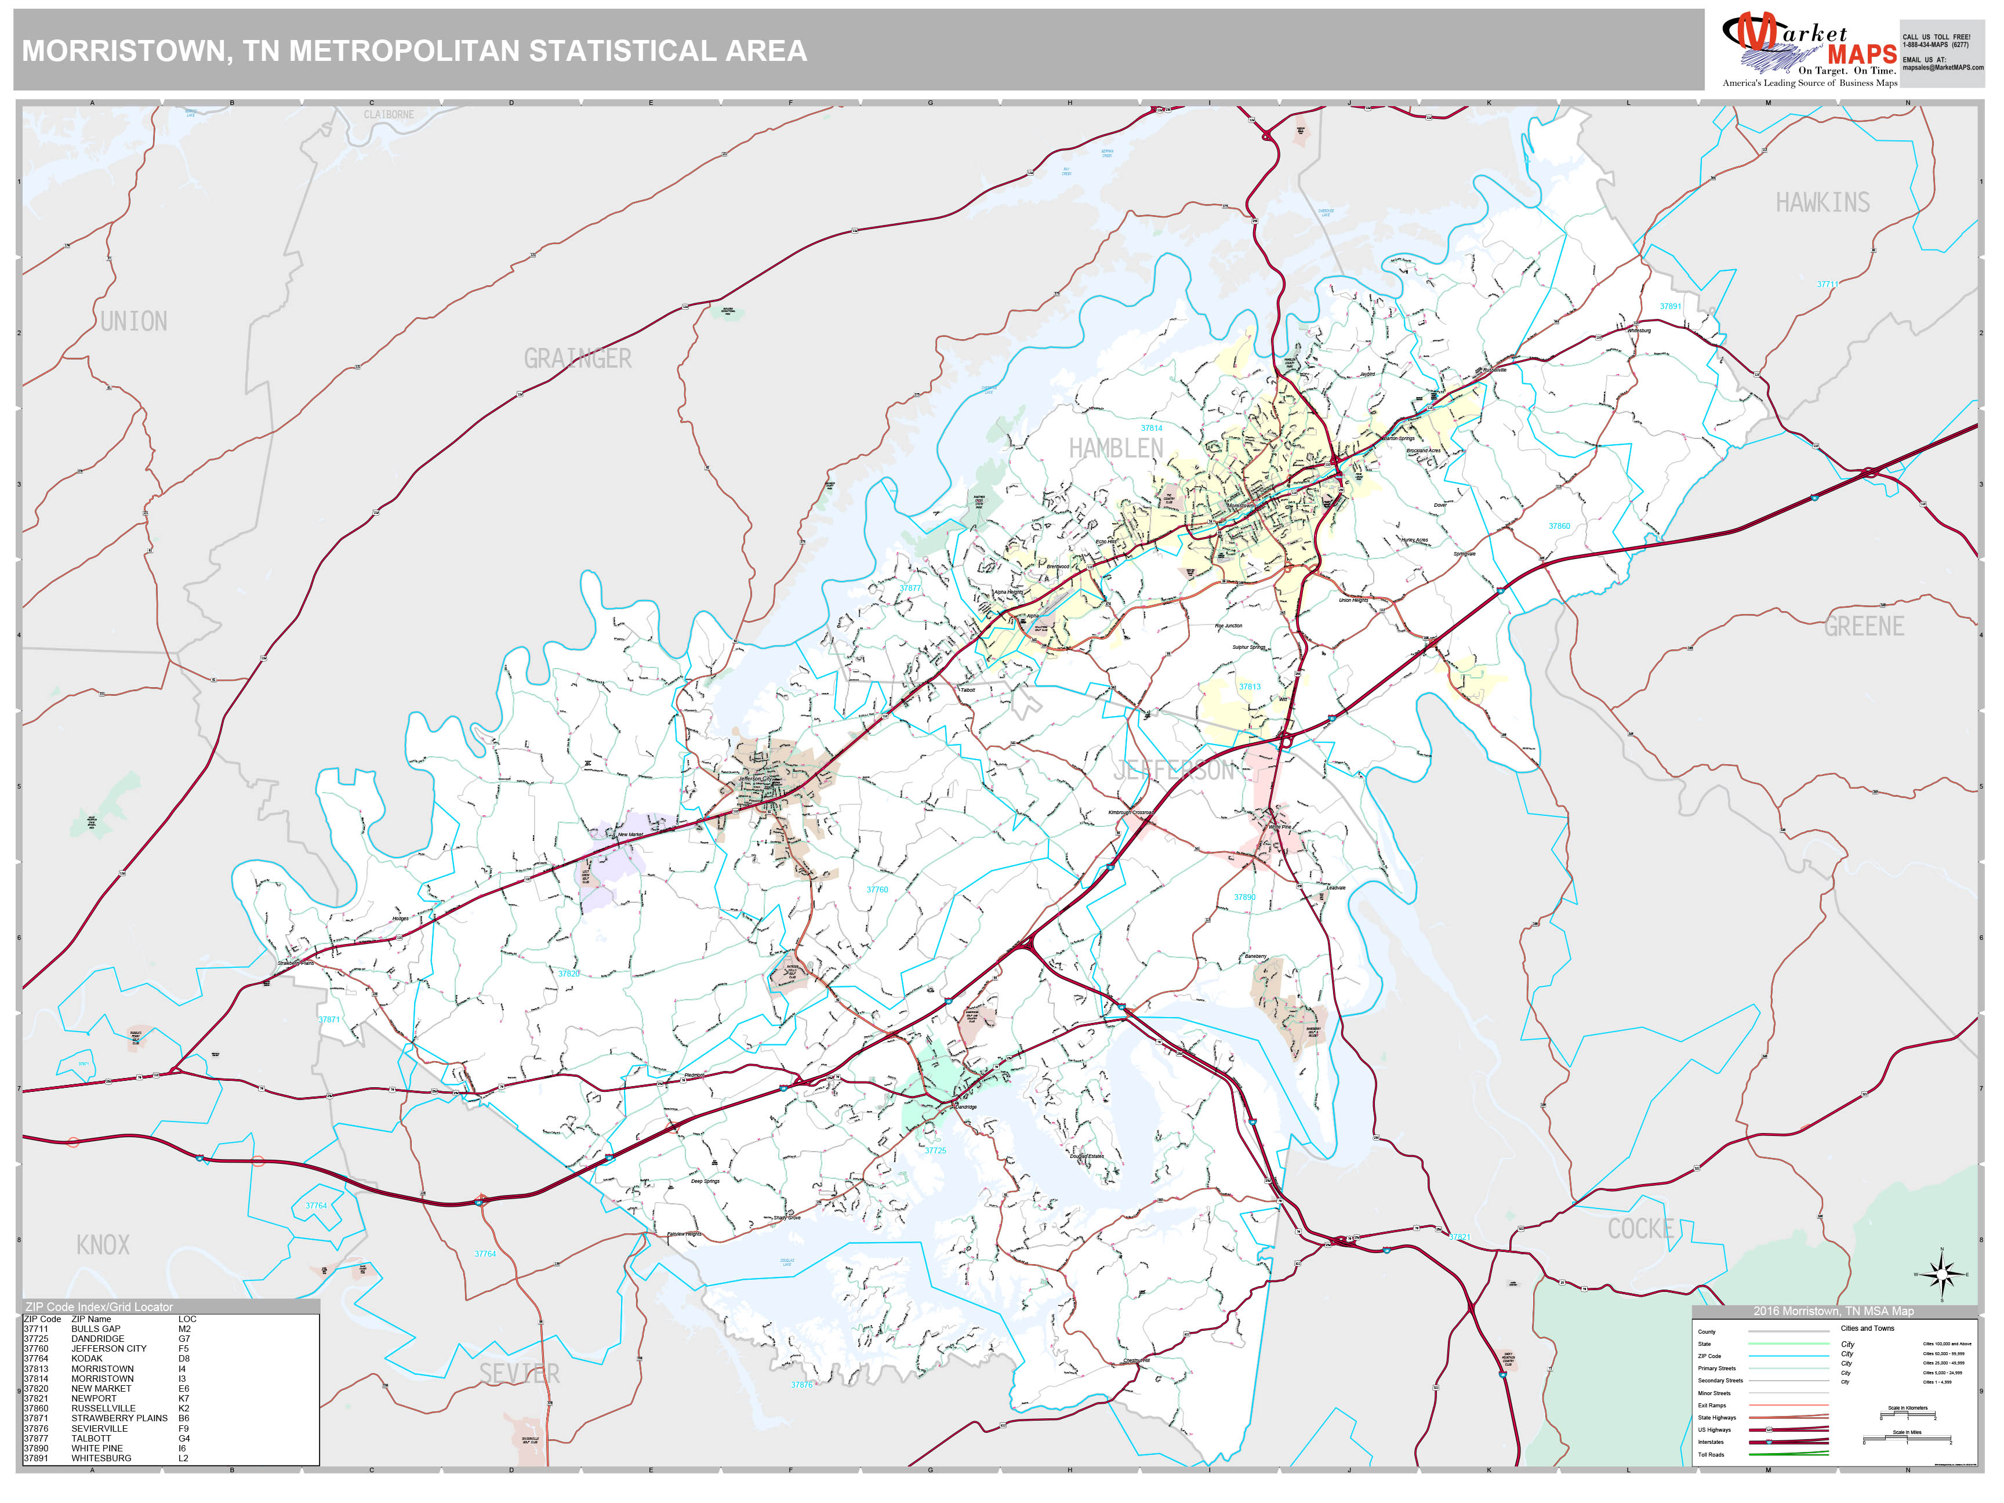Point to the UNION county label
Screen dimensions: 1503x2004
(133, 322)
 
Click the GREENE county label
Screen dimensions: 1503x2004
(1864, 627)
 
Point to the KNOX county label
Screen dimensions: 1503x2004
(103, 1245)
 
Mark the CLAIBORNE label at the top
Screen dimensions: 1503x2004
(389, 115)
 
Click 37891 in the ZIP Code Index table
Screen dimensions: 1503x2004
(36, 1458)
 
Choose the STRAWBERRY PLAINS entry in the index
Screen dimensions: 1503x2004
(119, 1418)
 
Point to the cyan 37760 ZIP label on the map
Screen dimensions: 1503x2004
(877, 890)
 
